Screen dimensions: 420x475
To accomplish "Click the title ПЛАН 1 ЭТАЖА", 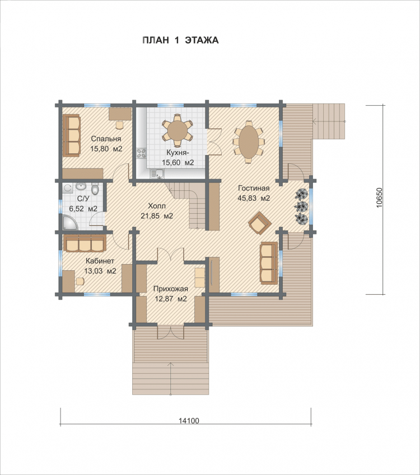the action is (x=180, y=40).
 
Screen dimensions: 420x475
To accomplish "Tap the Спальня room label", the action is (x=106, y=139).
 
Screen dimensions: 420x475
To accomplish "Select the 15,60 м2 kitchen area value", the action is (x=178, y=162).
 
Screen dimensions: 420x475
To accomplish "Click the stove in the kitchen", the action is (x=141, y=153).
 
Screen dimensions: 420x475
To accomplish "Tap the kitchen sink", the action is (x=157, y=173).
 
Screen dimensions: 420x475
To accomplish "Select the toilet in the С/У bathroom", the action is (x=95, y=189).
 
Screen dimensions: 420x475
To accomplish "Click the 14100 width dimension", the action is (x=189, y=421).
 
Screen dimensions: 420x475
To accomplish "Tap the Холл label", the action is (x=157, y=206).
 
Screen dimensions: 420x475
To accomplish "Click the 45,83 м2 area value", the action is (x=254, y=199).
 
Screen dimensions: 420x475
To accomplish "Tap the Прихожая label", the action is (x=170, y=289).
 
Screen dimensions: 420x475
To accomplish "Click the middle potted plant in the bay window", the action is (x=302, y=206).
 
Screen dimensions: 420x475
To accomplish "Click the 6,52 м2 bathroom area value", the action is (x=83, y=209).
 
